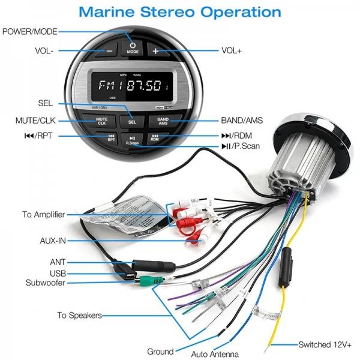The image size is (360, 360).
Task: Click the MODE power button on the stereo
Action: coord(133,47)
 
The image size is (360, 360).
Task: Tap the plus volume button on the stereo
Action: coord(155,52)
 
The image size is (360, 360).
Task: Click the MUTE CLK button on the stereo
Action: coord(102,120)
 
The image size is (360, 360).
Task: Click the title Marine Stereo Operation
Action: coord(180,11)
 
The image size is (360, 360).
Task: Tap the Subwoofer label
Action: coord(45,283)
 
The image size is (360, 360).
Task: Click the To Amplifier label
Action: coord(44,214)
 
